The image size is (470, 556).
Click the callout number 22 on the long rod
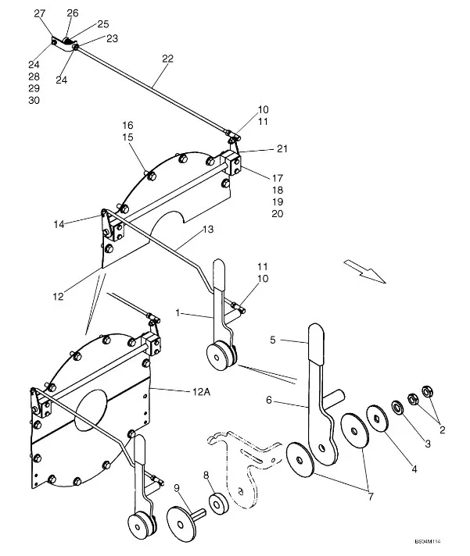(x=167, y=58)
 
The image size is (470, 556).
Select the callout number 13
(x=208, y=230)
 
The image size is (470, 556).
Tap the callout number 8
(x=206, y=475)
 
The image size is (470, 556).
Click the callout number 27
(x=40, y=13)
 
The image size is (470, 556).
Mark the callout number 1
(x=178, y=312)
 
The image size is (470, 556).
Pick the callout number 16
(x=128, y=125)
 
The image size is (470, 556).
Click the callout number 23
(x=112, y=37)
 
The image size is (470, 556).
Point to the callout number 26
(x=73, y=13)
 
